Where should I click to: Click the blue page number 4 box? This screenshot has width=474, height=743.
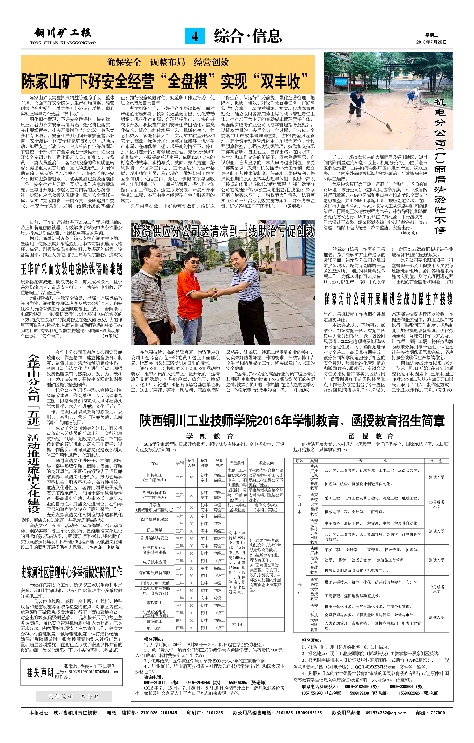click(194, 36)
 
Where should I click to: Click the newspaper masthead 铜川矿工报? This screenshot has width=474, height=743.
click(63, 34)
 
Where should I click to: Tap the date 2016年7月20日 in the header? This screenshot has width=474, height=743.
click(431, 42)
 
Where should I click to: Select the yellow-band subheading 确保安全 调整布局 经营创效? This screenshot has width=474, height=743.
click(168, 62)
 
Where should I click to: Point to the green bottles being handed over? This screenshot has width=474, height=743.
click(212, 295)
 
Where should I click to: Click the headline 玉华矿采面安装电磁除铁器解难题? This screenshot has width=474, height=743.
click(72, 269)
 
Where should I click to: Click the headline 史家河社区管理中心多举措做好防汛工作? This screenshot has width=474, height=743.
click(72, 572)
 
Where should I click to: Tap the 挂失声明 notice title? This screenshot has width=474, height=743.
click(40, 672)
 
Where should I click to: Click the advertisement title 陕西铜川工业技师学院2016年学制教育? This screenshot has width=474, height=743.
click(292, 421)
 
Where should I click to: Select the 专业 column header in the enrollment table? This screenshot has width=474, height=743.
click(155, 463)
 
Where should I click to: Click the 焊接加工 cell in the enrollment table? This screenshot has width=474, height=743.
click(155, 477)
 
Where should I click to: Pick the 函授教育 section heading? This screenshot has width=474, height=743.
click(371, 436)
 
